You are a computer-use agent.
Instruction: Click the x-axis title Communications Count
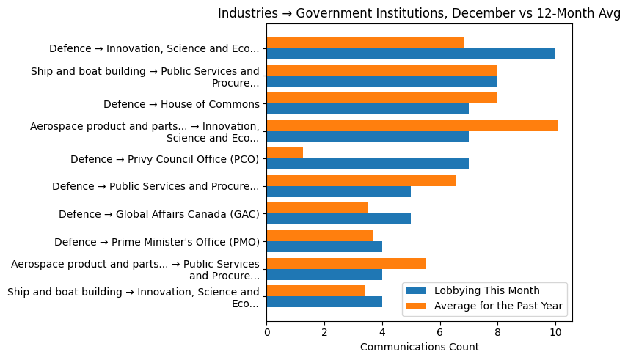click(x=419, y=347)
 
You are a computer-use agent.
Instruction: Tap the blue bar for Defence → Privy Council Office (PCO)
click(x=368, y=164)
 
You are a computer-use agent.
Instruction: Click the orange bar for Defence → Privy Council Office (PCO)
click(x=285, y=153)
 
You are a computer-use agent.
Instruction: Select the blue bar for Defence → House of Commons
click(x=368, y=109)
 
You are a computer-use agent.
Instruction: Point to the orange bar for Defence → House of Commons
click(x=381, y=98)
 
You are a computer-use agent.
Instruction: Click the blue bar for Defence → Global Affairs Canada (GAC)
click(x=338, y=219)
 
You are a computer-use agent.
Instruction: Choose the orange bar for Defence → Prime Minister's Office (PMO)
click(x=319, y=236)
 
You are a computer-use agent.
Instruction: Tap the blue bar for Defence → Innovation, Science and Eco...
click(x=411, y=54)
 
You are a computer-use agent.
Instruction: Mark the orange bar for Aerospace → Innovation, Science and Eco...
click(x=412, y=126)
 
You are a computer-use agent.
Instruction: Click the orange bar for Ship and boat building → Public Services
click(x=381, y=70)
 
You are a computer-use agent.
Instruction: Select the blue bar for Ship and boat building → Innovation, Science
click(x=324, y=302)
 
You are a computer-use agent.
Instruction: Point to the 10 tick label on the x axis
click(x=555, y=332)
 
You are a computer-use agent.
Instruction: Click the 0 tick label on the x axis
click(x=267, y=332)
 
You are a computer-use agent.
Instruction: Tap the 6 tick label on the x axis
click(x=440, y=332)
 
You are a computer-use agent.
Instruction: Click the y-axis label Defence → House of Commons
click(x=181, y=104)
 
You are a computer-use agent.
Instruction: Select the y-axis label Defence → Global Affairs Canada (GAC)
click(x=158, y=214)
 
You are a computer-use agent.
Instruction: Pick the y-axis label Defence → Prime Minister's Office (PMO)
click(x=156, y=242)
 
